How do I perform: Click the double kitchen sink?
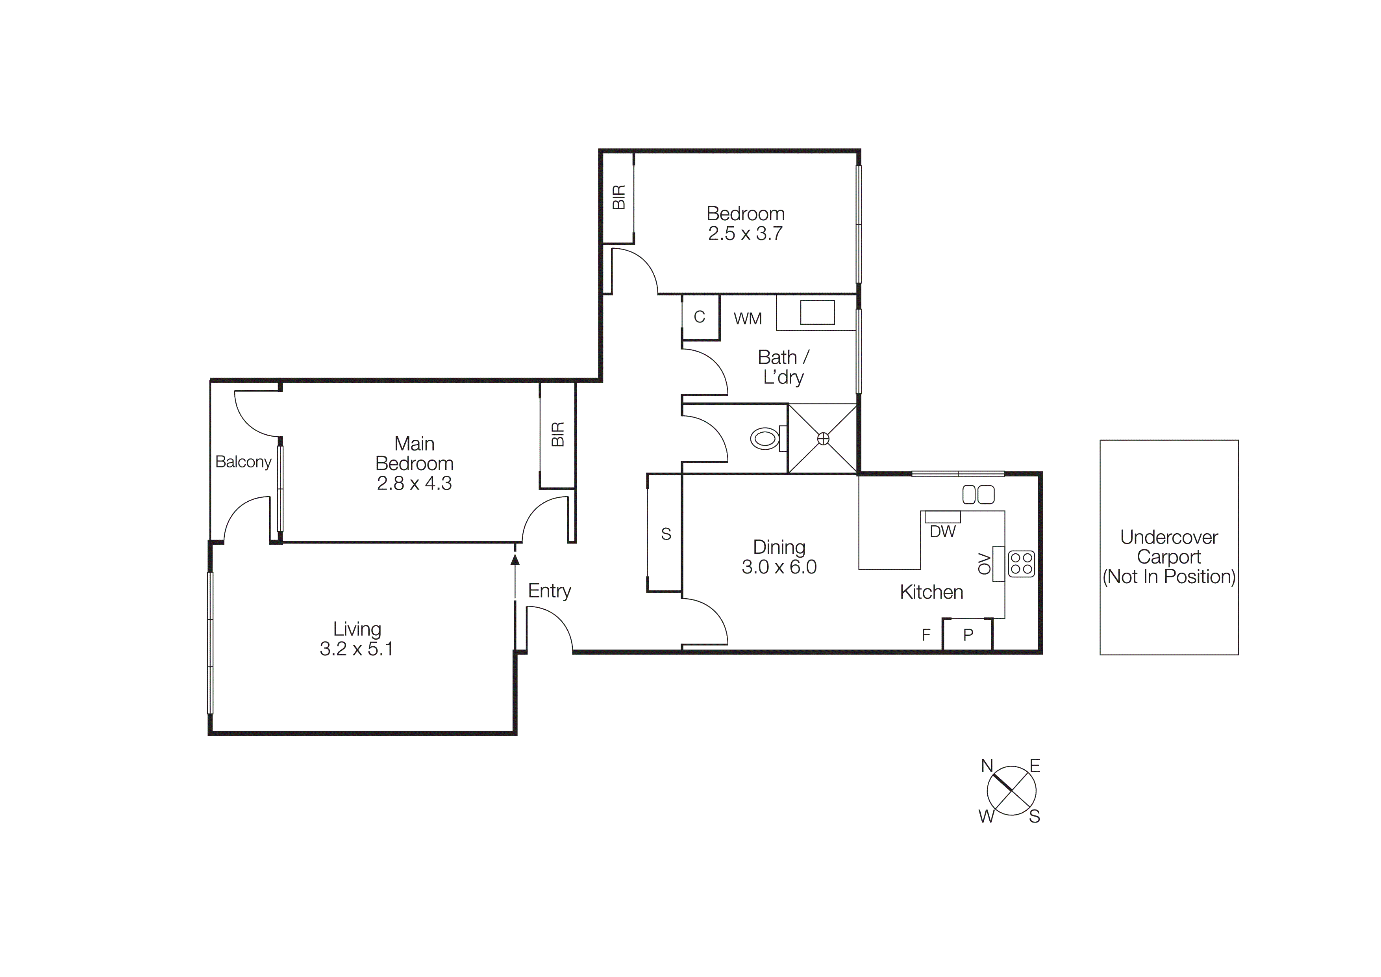tap(979, 495)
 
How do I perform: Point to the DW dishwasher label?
tap(942, 532)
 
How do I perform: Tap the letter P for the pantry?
tap(968, 635)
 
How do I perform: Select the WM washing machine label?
tap(748, 318)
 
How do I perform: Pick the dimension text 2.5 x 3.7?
tap(745, 234)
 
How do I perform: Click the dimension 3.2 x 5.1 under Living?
tap(357, 649)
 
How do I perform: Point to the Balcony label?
tap(244, 462)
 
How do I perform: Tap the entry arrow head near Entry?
tap(515, 560)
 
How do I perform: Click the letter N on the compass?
tap(987, 766)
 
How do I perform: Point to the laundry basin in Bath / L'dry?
tap(817, 313)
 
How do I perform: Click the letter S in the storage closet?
tap(666, 534)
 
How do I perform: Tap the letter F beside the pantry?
tap(926, 635)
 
